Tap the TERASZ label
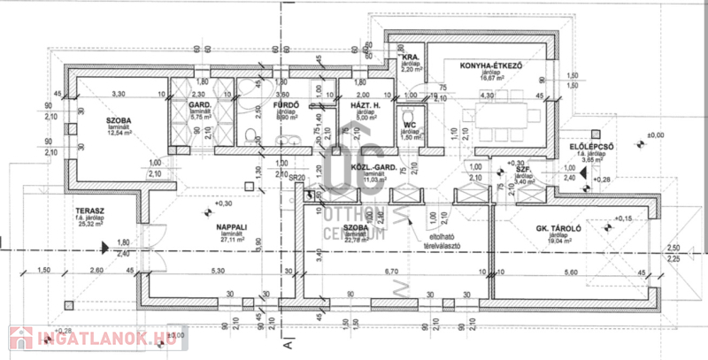[90, 212]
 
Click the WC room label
[409, 125]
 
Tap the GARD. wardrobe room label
[198, 105]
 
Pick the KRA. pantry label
[409, 57]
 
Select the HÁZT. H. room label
[366, 105]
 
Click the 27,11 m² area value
[231, 239]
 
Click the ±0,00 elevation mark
[655, 134]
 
